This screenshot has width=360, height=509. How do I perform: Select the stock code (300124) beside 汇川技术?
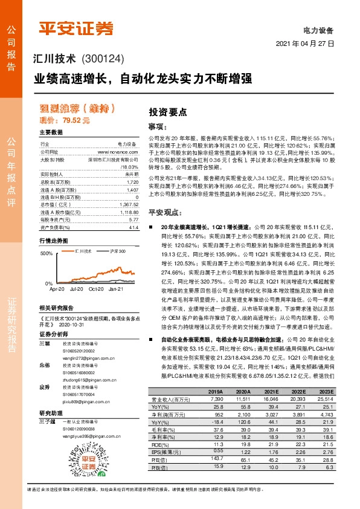(x=101, y=59)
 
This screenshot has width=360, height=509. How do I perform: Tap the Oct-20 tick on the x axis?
(x=96, y=290)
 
